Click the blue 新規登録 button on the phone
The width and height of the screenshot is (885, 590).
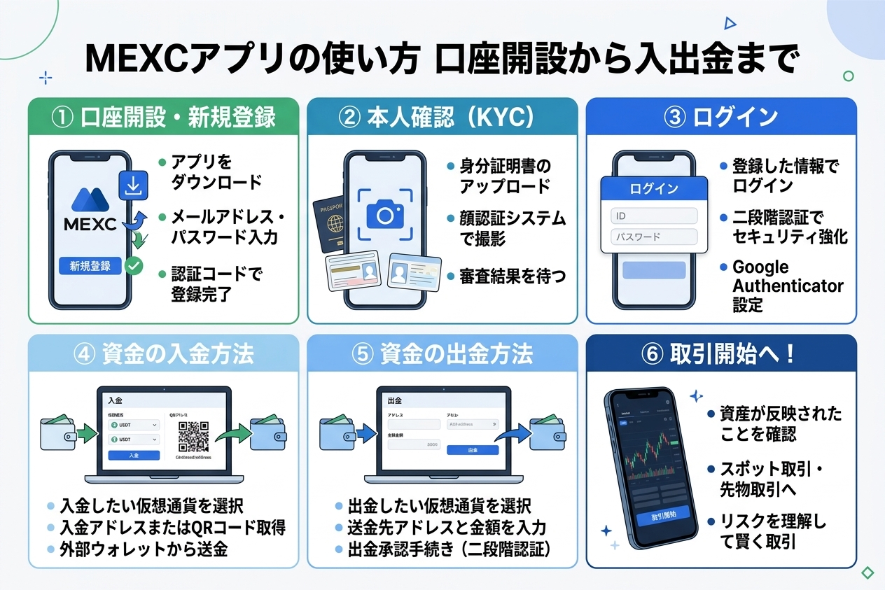(90, 266)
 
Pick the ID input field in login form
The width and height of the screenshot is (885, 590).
(654, 216)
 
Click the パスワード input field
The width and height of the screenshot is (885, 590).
(654, 237)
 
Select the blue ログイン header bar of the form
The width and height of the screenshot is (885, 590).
(654, 189)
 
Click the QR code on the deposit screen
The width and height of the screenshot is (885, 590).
(193, 436)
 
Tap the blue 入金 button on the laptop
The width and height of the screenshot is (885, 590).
(134, 456)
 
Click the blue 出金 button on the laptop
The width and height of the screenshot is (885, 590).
(473, 450)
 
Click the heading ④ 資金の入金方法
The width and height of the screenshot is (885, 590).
(163, 354)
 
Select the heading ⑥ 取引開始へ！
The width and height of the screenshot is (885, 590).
(720, 354)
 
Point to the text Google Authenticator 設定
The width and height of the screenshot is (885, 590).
(788, 286)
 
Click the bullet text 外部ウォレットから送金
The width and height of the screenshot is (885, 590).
(144, 549)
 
